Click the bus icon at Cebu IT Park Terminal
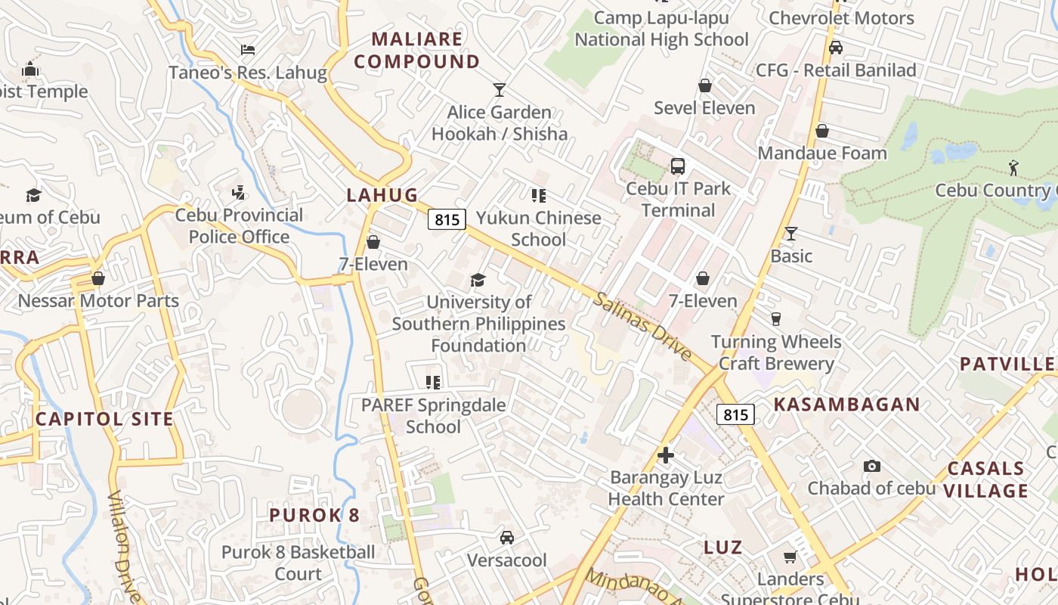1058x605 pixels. [x=678, y=166]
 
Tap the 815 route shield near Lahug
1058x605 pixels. [x=447, y=219]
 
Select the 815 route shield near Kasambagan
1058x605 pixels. [x=735, y=414]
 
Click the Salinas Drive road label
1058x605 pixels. [x=642, y=326]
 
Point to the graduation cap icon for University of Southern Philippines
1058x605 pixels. [x=478, y=281]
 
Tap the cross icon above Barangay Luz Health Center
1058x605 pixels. [x=666, y=455]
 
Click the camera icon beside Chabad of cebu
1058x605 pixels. [x=872, y=466]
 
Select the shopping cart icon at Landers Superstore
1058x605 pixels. [x=790, y=557]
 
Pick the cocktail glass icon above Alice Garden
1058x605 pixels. [x=499, y=90]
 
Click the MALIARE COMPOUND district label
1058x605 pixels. [x=417, y=50]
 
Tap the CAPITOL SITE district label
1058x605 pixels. [x=104, y=418]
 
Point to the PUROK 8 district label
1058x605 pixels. [x=314, y=515]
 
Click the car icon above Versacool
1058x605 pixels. [x=507, y=538]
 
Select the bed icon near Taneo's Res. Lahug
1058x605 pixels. [x=248, y=50]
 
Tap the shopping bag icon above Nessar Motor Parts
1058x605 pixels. [x=97, y=278]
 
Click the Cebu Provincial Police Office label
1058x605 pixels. [x=239, y=226]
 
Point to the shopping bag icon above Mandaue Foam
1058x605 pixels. [x=822, y=131]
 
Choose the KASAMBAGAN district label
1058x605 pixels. [x=846, y=404]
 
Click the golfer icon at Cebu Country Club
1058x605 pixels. [x=1013, y=167]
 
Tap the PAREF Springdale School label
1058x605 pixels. [x=433, y=415]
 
